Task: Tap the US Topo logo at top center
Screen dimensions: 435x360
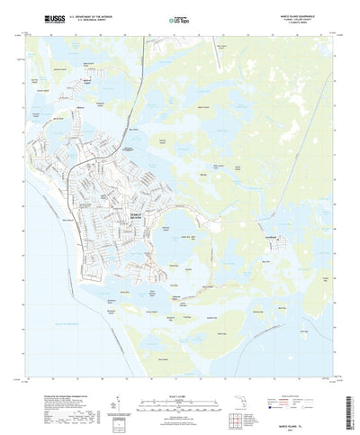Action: [180, 18]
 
